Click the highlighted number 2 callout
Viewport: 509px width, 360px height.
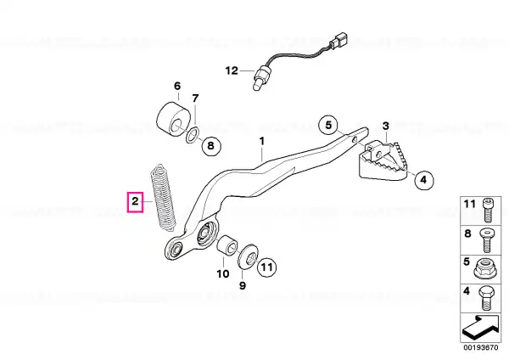135,202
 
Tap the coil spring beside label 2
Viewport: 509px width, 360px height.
163,198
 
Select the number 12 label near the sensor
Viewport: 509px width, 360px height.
232,70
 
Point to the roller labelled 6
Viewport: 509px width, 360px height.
173,120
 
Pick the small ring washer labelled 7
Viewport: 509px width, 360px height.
193,135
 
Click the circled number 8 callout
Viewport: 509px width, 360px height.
211,145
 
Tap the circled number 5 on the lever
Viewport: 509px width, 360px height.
328,125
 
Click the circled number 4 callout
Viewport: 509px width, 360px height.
423,180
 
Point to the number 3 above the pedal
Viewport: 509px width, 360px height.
385,126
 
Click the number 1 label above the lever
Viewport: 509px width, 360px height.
261,141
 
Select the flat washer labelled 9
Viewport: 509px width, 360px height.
248,256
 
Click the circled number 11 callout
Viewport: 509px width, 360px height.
267,267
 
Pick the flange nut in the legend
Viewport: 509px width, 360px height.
486,268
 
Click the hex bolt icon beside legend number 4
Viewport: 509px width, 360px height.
486,298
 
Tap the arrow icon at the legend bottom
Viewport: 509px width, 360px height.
481,327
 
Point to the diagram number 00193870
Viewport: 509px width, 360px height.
480,347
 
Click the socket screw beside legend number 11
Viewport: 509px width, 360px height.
488,210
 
